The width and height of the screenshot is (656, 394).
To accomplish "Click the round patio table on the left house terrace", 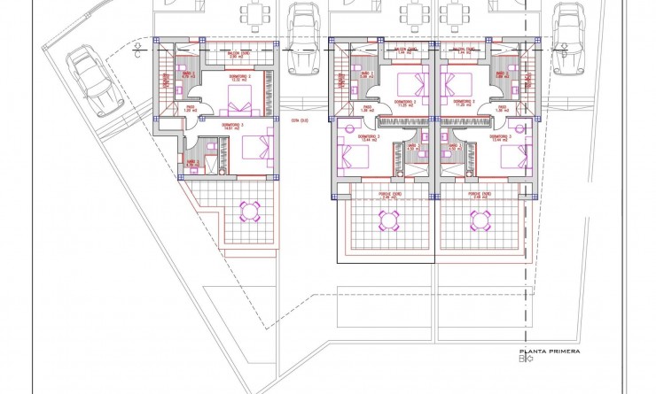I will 249,210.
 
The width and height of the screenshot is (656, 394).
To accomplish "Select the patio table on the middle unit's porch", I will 388,218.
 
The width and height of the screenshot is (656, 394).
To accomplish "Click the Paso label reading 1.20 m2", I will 190,110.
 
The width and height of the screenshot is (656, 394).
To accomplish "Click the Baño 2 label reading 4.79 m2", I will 191,163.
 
